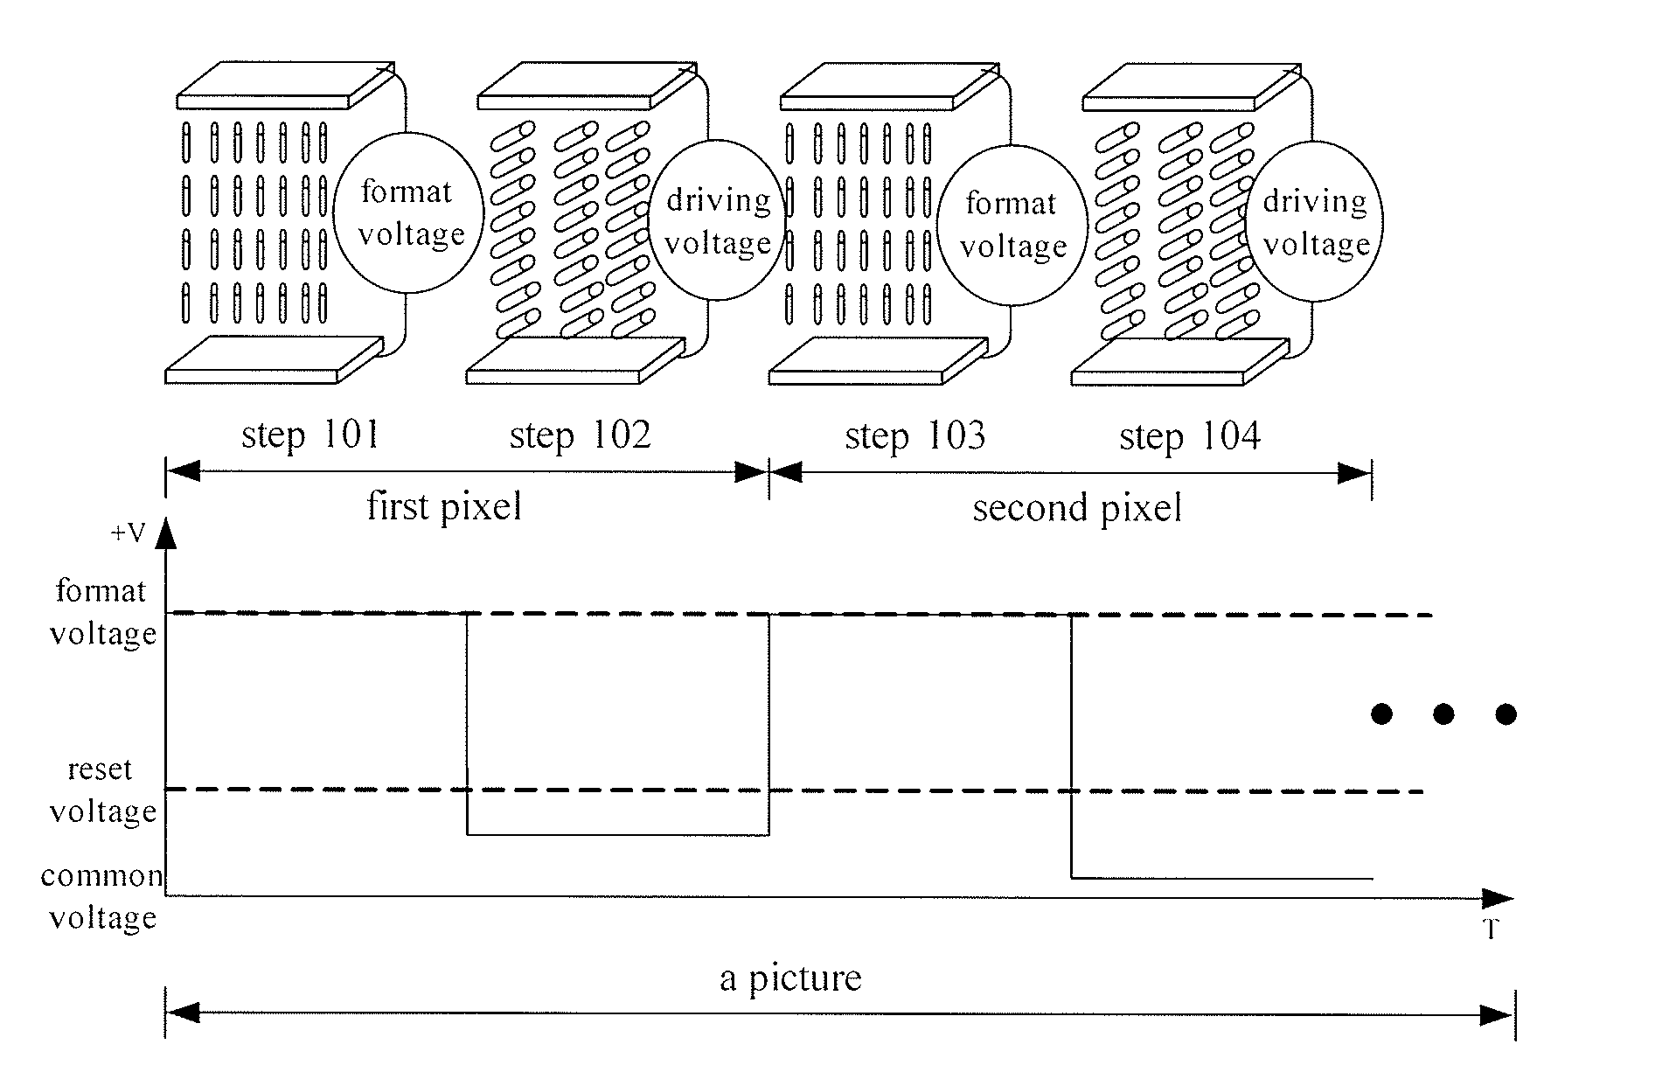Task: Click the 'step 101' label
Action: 310,435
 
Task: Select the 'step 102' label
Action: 580,435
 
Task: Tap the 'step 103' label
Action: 914,435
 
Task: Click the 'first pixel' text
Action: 444,506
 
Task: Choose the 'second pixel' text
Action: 1077,508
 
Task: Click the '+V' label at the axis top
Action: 128,533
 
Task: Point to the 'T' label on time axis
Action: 1492,929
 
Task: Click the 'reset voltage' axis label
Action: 102,790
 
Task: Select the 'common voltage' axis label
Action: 102,896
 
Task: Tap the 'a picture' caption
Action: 790,978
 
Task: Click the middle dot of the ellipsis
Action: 1443,714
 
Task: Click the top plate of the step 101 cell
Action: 285,84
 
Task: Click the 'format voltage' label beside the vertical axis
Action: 102,611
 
